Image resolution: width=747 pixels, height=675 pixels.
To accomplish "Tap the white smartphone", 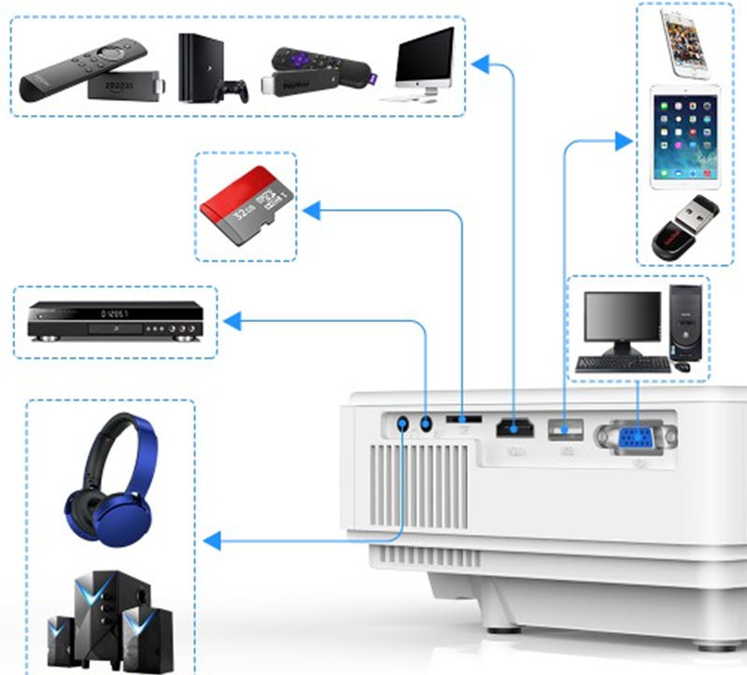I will point(685,43).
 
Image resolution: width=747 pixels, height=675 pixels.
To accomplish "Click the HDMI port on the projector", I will point(514,429).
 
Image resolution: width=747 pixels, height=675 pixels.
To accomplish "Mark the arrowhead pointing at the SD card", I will point(312,211).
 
